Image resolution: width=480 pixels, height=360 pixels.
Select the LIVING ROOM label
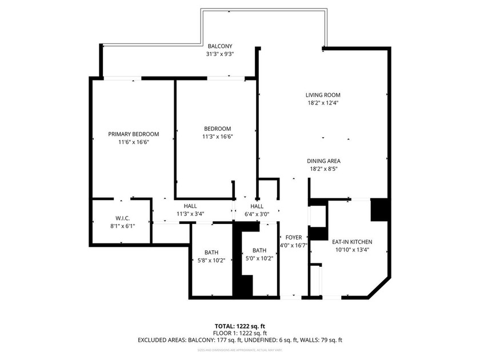click(323, 95)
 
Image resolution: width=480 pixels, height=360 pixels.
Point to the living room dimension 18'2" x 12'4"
click(323, 103)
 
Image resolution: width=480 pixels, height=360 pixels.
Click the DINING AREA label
click(323, 161)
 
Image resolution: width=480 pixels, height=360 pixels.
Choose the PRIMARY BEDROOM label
click(134, 134)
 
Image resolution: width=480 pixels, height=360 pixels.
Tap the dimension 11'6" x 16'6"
click(134, 142)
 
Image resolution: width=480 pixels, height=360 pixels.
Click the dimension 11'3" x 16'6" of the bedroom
click(217, 137)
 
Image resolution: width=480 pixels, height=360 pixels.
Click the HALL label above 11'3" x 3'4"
click(190, 206)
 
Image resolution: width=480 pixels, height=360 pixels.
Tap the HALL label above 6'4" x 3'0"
click(257, 206)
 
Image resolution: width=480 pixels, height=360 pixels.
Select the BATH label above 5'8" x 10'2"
click(211, 252)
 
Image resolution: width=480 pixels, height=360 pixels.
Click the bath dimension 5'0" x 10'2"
click(259, 258)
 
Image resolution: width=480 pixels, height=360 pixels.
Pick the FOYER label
click(293, 238)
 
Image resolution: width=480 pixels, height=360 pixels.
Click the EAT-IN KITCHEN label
click(352, 242)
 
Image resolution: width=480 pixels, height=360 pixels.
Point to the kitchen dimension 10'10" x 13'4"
click(352, 250)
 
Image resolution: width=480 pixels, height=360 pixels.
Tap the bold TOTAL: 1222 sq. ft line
click(240, 326)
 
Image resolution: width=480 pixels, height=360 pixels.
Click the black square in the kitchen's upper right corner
click(379, 209)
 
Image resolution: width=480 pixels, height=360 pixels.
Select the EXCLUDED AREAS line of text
click(240, 340)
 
